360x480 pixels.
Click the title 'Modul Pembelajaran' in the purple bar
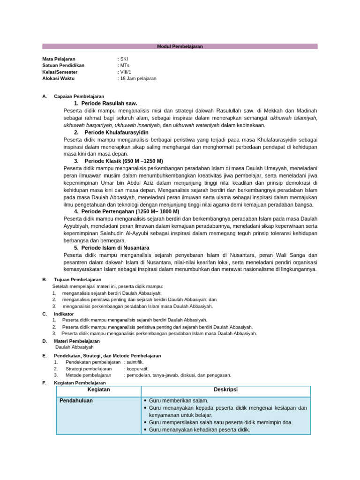(x=180, y=46)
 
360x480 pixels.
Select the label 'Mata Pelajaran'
(x=59, y=59)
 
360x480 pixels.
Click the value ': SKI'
(x=123, y=59)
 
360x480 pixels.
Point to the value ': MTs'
(x=124, y=66)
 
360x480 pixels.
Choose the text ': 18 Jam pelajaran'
(x=137, y=79)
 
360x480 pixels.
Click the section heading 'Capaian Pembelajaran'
(x=79, y=96)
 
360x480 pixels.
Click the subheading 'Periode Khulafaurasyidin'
(x=116, y=133)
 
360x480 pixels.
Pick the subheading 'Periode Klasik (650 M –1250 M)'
(x=124, y=161)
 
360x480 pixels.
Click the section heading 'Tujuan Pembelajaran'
(x=77, y=279)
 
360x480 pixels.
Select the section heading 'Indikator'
(x=64, y=314)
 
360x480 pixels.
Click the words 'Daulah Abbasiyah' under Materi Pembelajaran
(x=74, y=347)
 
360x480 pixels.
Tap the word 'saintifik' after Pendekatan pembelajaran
(x=135, y=362)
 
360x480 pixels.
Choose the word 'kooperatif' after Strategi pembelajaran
(x=137, y=368)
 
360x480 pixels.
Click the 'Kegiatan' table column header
(x=98, y=390)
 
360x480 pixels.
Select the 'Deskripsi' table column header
(x=225, y=390)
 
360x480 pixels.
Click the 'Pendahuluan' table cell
(x=76, y=401)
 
